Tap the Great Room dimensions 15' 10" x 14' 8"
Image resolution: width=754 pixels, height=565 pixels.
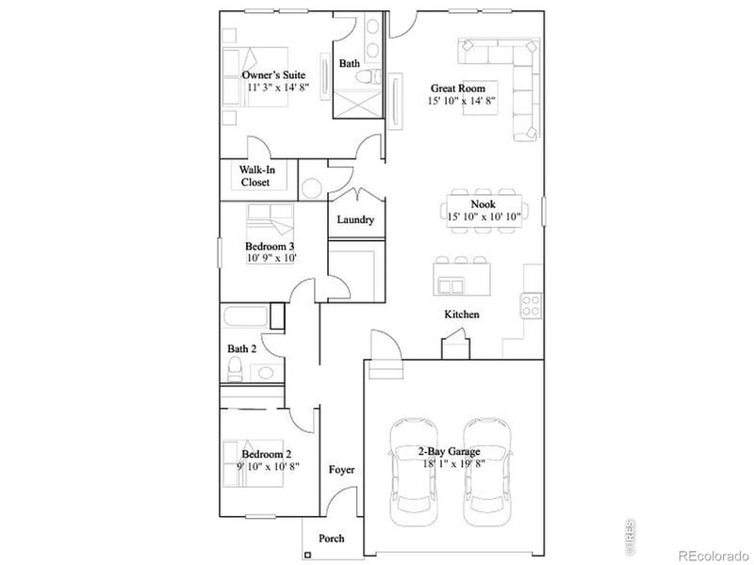[x=462, y=101]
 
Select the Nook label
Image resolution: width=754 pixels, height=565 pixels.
[x=484, y=203]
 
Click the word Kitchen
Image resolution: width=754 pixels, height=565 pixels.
[x=463, y=314]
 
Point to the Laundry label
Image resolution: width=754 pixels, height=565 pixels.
[x=356, y=220]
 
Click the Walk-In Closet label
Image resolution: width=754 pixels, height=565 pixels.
[x=255, y=176]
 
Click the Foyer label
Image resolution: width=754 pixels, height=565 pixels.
[x=341, y=469]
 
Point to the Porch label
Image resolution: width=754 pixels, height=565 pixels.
[x=331, y=539]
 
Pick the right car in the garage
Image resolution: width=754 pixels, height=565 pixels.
[x=488, y=473]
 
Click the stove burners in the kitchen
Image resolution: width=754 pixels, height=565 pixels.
[x=532, y=305]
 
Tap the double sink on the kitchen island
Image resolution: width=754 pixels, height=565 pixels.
[x=454, y=286]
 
